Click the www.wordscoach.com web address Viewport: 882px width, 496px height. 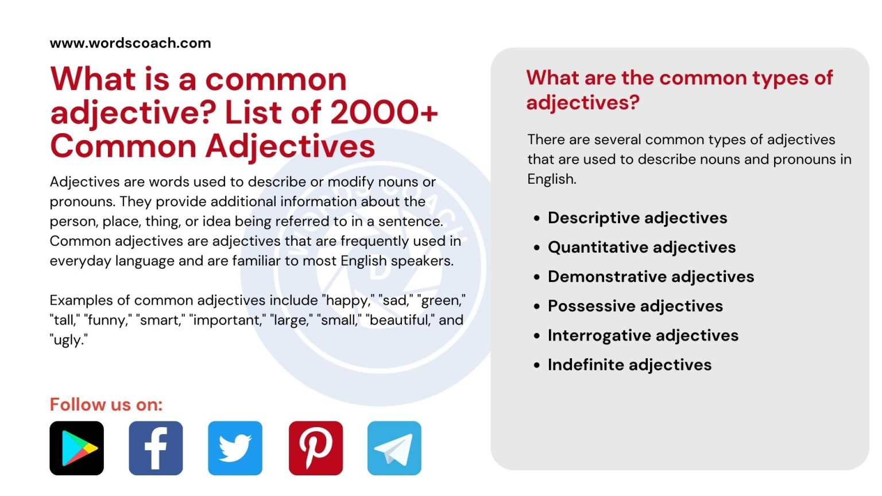(x=130, y=43)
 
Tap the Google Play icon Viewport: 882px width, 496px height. (x=77, y=448)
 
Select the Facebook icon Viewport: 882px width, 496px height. (x=156, y=448)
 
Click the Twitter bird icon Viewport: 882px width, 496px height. (x=235, y=448)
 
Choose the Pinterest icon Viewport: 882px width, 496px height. (x=316, y=448)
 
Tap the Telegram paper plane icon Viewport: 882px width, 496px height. (x=394, y=448)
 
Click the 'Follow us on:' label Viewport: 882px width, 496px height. (x=106, y=405)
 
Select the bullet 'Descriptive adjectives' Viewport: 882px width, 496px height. (x=637, y=218)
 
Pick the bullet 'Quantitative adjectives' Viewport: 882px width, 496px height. (x=641, y=247)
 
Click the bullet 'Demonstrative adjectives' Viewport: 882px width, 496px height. (x=651, y=277)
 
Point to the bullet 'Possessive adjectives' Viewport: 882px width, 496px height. (x=635, y=306)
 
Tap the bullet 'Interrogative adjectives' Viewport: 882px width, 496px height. (x=643, y=335)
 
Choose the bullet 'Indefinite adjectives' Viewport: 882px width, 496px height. (x=629, y=365)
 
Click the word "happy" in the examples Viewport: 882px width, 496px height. (x=347, y=301)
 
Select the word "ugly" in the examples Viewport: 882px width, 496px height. (x=68, y=340)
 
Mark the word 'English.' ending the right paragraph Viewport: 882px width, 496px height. (x=551, y=179)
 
